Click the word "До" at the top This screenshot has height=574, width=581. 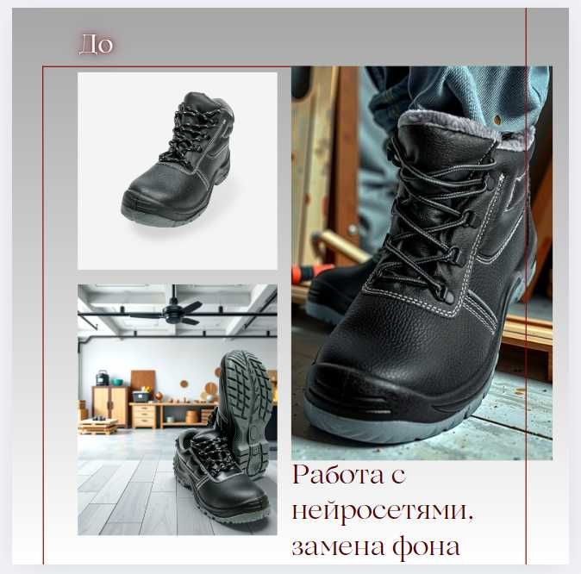click(x=96, y=44)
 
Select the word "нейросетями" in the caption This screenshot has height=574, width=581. click(x=383, y=510)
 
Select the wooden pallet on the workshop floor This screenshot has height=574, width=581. click(x=97, y=426)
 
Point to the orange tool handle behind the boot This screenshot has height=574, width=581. click(x=303, y=274)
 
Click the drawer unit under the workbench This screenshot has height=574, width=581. click(x=143, y=415)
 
